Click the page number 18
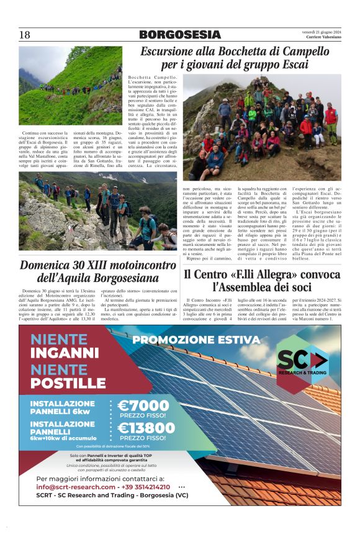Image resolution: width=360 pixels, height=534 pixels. coord(25,35)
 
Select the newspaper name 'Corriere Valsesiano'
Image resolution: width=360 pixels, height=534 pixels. coord(322,38)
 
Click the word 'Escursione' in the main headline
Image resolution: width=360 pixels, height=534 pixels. coord(173,52)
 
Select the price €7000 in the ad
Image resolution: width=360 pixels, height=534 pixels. coord(142,405)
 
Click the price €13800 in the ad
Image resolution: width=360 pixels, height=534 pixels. coord(146,428)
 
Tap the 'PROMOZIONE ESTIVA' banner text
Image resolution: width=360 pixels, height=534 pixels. coord(196,340)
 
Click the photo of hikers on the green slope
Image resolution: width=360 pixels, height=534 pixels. coord(70,85)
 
